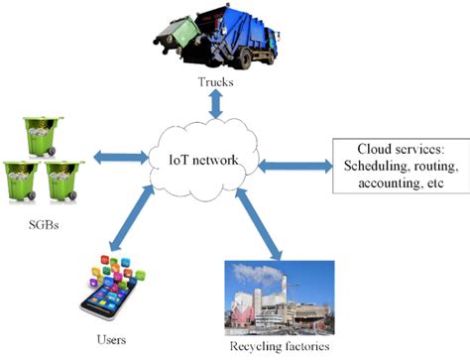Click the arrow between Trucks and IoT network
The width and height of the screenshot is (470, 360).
tap(214, 102)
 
